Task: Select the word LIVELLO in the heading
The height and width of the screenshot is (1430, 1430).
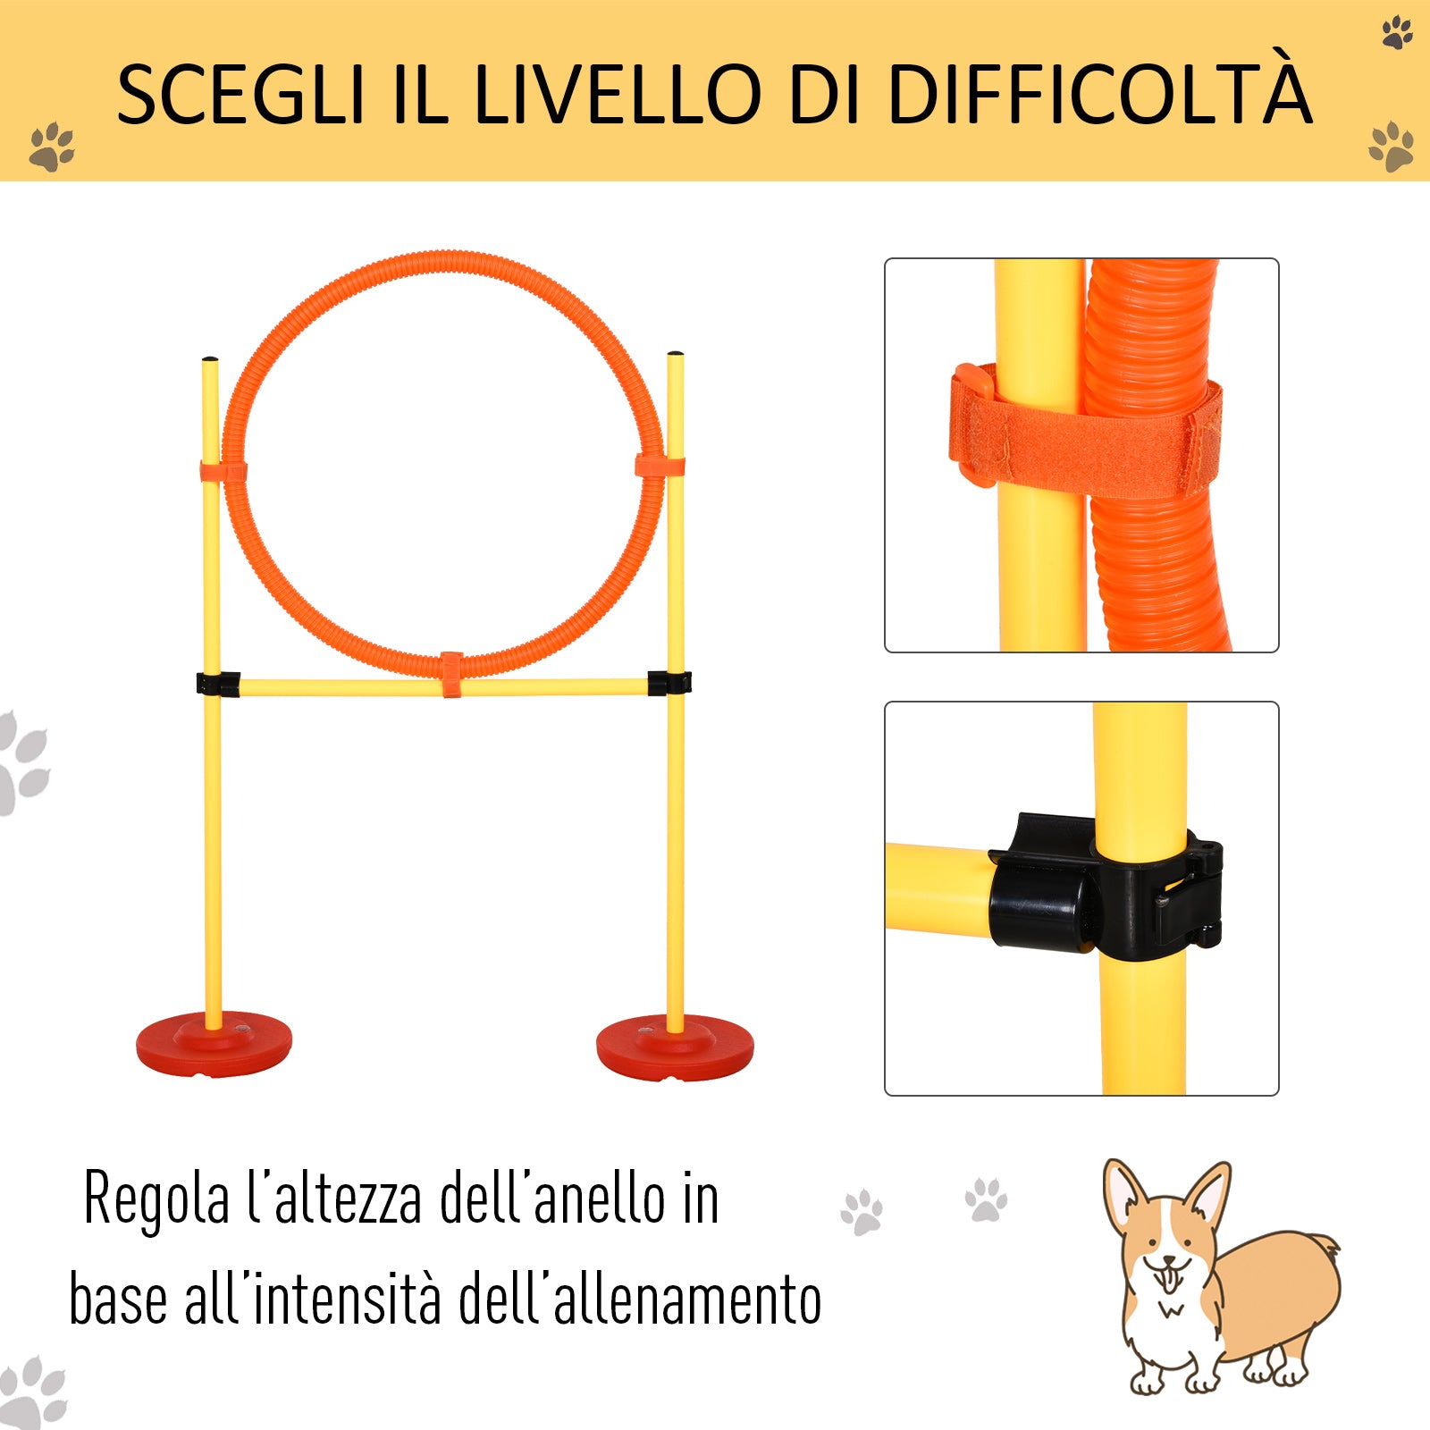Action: click(617, 94)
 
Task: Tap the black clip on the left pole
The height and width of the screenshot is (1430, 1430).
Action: click(217, 684)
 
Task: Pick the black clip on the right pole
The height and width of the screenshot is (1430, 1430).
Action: click(669, 683)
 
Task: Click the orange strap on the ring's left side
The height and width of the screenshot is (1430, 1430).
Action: click(223, 472)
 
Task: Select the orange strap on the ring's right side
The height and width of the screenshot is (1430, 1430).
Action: click(660, 466)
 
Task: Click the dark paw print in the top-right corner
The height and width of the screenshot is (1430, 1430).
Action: click(1397, 33)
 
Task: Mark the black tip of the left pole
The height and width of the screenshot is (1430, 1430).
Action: click(210, 359)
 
